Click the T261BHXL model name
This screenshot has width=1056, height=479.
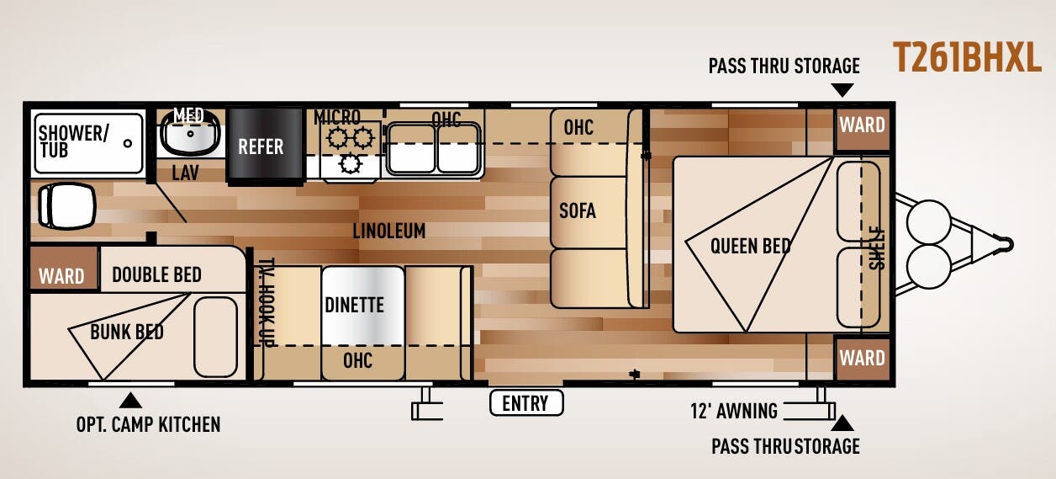pos(967,57)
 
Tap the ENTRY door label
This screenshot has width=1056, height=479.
pos(525,403)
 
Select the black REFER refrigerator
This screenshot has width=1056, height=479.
pos(265,146)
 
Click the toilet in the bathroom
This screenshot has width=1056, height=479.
pos(67,206)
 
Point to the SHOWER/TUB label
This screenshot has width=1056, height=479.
pos(73,141)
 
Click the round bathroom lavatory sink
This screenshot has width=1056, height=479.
pos(191,133)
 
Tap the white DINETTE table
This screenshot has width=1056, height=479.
pos(363,306)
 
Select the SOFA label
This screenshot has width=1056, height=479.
pos(578,210)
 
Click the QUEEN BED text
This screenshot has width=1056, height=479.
pos(751,246)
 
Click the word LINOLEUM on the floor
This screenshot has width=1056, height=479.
pos(389,232)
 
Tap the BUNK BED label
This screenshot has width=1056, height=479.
pos(127,333)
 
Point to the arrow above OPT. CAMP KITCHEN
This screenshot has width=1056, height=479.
pos(130,401)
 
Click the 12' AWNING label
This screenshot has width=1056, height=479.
pos(734,411)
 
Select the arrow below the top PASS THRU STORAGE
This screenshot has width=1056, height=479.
pos(842,90)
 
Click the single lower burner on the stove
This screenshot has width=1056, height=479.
pos(350,164)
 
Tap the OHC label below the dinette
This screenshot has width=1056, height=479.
pos(357,361)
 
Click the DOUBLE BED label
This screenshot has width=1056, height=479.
pos(156,274)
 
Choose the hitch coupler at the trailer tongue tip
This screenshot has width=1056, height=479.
pos(1006,244)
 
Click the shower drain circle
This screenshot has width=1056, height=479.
pos(128,143)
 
